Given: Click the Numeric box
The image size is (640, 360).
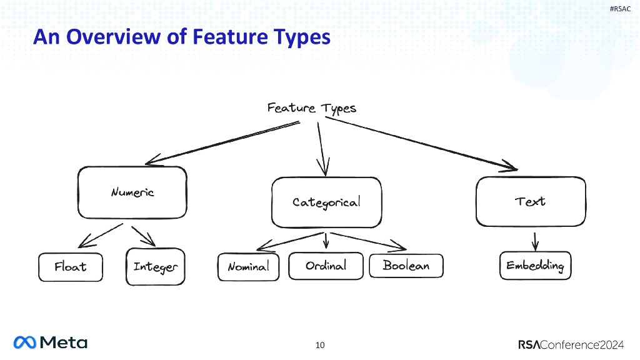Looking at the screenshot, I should pos(132,192).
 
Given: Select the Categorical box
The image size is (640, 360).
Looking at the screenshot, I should pos(326,202).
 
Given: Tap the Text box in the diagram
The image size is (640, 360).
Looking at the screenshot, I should pos(531,201).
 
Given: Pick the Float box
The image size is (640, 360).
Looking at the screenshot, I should pos(70,267).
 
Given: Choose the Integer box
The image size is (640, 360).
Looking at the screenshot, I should pos(156,267).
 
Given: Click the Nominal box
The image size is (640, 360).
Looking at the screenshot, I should pos(248,267).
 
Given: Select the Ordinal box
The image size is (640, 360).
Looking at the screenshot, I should pos(326,266).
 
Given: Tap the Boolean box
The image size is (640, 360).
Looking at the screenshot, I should pos(406,266).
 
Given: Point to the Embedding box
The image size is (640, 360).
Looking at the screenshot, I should pos(535,266).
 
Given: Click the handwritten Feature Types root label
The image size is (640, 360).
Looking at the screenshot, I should pos(311,108).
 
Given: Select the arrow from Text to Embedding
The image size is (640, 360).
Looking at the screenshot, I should pos(535,240).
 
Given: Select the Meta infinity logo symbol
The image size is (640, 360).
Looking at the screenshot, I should pos(25,342).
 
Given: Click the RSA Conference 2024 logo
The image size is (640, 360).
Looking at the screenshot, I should pos(570,344).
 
